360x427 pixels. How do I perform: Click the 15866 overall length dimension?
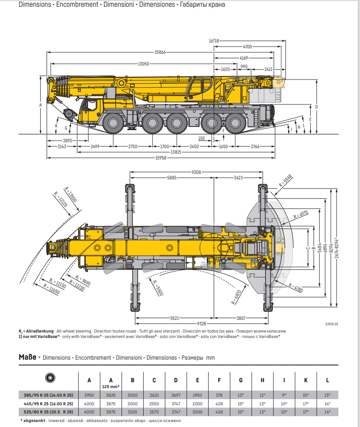pos(160,52)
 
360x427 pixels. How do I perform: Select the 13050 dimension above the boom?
pos(144,64)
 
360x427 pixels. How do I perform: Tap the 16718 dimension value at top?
pos(214,41)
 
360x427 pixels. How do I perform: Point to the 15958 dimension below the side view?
pos(161,158)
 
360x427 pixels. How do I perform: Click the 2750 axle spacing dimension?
pos(133,146)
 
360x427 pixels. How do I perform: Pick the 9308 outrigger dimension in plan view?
pos(196,172)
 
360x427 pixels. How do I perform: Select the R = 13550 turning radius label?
pos(70,194)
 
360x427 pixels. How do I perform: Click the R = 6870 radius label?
pos(236,297)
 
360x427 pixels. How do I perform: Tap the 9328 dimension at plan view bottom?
pos(201,324)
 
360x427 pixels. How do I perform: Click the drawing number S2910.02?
pos(332,324)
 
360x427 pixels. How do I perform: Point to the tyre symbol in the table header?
pos(50,378)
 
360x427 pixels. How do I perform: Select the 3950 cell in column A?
pos(89,395)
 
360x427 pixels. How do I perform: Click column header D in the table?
pos(176,380)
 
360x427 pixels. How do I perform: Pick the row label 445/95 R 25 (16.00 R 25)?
pos(48,404)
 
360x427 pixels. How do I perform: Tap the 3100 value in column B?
pos(132,412)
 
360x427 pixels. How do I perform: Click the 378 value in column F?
pos(219,395)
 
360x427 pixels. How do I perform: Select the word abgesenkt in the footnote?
pos(34,421)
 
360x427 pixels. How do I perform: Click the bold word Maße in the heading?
pos(28,357)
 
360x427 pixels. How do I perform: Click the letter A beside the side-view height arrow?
pos(41,105)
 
